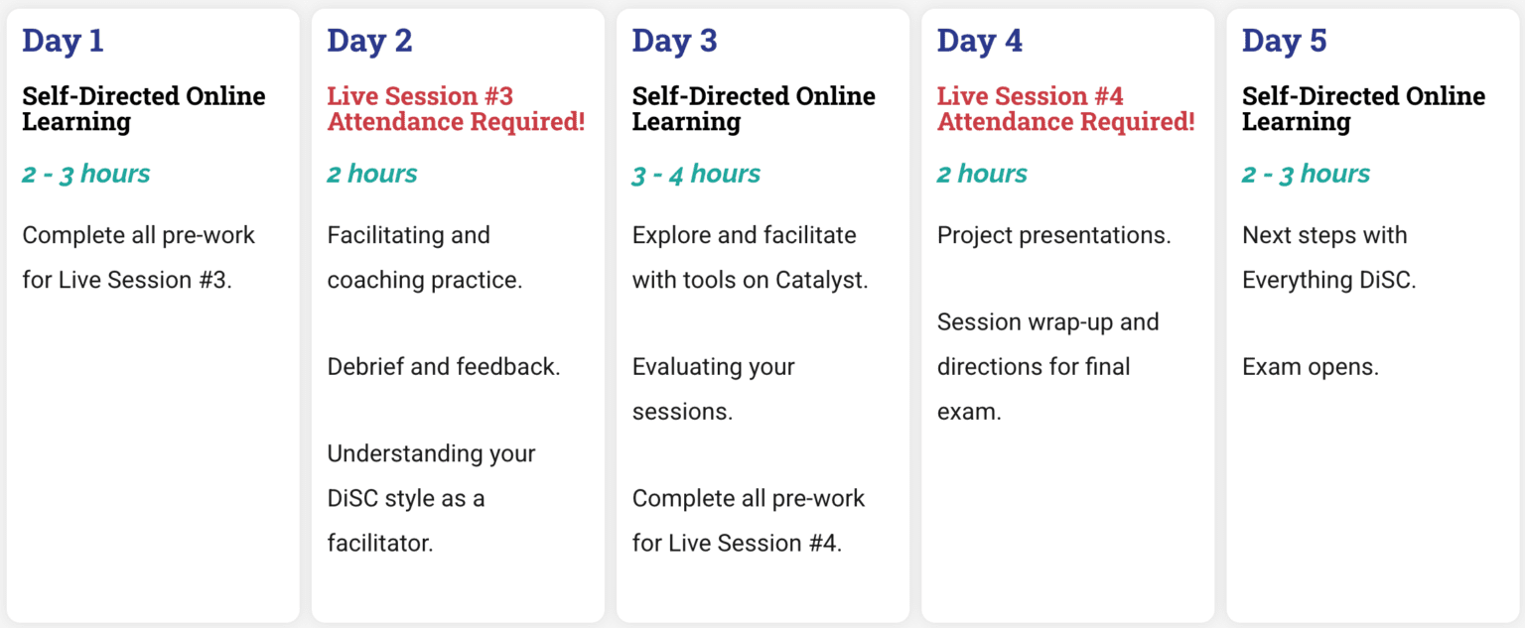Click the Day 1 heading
click(63, 40)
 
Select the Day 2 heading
click(369, 40)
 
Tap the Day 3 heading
click(675, 40)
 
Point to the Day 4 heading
click(980, 40)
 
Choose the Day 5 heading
click(1285, 40)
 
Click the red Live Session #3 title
click(456, 109)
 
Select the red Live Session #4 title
click(1066, 109)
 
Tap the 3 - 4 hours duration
click(696, 175)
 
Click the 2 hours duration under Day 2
click(372, 175)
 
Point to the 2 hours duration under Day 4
click(982, 175)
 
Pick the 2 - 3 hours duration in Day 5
click(1306, 175)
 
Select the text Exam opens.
click(1311, 367)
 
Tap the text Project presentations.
click(1053, 235)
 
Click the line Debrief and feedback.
click(444, 367)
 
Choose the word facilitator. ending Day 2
click(380, 543)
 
